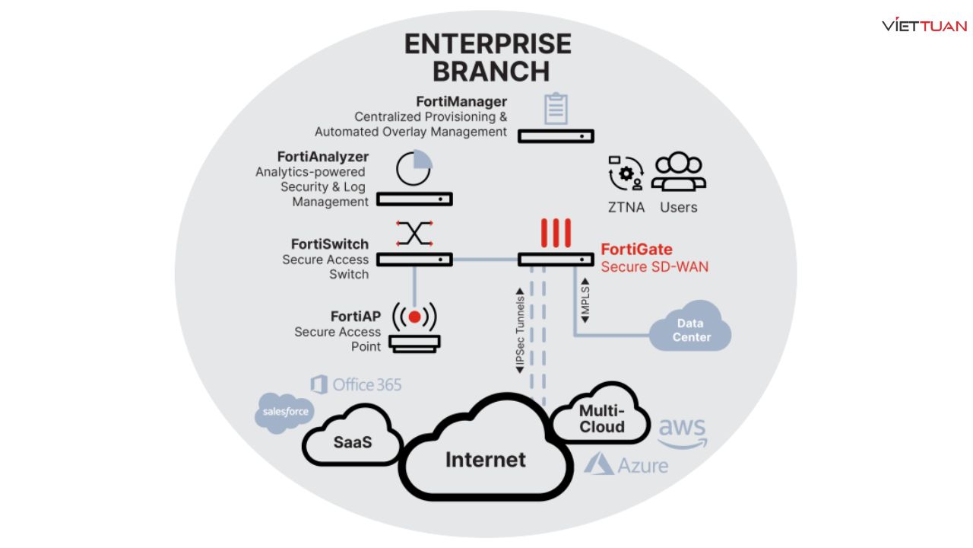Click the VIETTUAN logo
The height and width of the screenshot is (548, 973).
click(x=924, y=25)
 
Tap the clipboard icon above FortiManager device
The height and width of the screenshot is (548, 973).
click(x=556, y=109)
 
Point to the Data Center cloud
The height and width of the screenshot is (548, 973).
click(x=690, y=329)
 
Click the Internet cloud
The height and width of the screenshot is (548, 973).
click(x=485, y=458)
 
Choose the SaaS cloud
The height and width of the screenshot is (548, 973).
click(x=352, y=441)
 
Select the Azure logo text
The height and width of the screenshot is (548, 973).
click(x=626, y=464)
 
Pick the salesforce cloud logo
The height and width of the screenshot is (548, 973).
click(x=285, y=413)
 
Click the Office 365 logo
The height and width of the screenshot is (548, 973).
click(x=356, y=384)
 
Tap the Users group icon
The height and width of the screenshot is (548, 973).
click(x=679, y=172)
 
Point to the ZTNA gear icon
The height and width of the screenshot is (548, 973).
click(x=626, y=173)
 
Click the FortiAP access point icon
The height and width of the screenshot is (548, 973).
click(x=414, y=328)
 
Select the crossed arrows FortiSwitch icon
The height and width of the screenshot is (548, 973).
click(x=414, y=233)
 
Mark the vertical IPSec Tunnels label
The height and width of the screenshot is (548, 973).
click(x=520, y=330)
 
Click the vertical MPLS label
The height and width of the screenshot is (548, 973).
click(x=585, y=304)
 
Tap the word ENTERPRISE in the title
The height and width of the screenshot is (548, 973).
click(x=487, y=44)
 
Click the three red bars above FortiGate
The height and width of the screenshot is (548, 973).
click(x=555, y=233)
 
